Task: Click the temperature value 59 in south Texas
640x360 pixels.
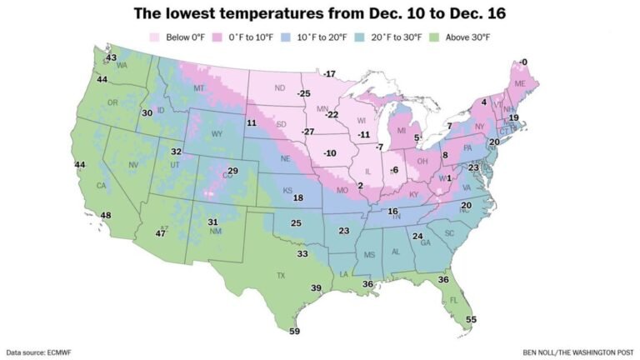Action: point(293,331)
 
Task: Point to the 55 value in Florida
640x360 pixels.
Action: point(471,319)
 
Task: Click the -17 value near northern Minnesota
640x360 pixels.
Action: point(330,74)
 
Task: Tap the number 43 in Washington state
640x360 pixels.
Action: point(112,57)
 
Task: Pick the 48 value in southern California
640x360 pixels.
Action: point(106,216)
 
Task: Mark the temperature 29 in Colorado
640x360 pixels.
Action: point(233,171)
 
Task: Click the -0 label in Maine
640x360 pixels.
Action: point(522,62)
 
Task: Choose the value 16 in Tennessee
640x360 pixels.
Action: point(392,212)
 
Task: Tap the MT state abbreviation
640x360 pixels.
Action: point(199,88)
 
